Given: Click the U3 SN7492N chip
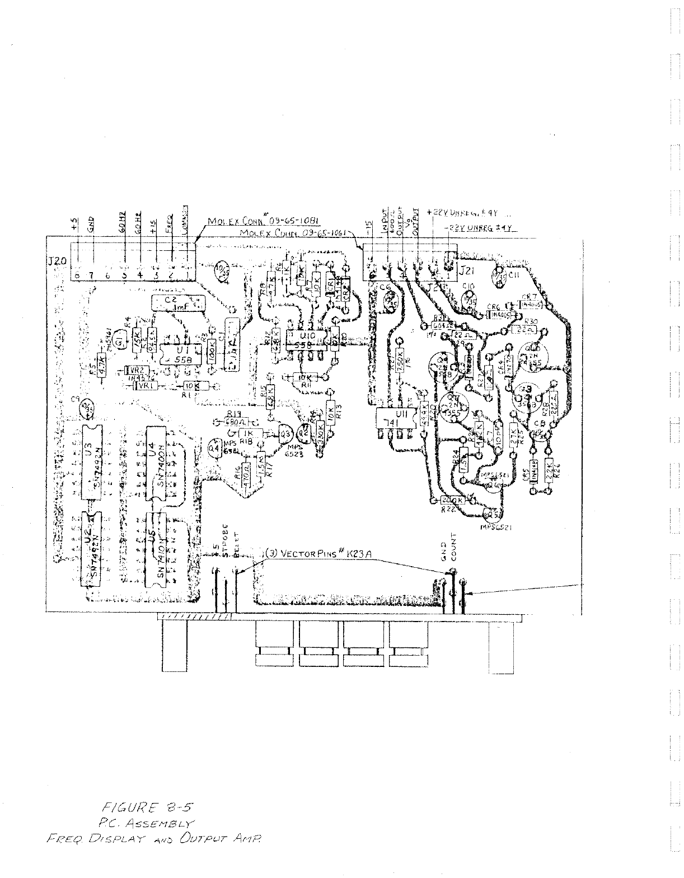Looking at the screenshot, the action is (x=89, y=462).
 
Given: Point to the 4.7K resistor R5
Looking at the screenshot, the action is (x=102, y=365).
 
